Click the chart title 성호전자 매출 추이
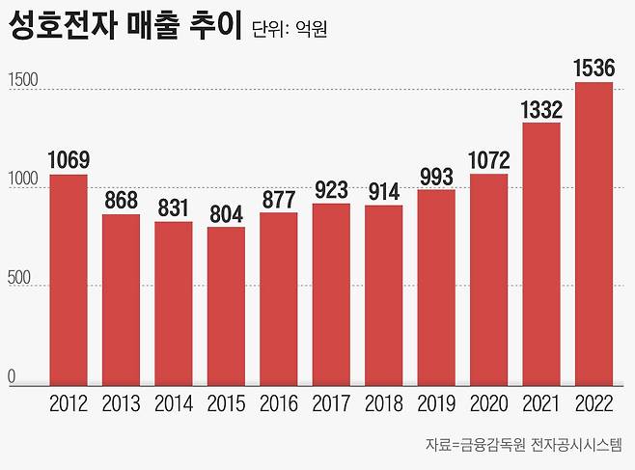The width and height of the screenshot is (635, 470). click(123, 27)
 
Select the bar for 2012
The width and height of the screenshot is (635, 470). click(69, 280)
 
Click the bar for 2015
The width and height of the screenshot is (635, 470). click(226, 306)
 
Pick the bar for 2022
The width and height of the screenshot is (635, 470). click(594, 234)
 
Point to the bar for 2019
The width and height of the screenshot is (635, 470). click(436, 288)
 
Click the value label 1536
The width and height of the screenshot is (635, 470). click(594, 68)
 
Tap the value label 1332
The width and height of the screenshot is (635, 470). click(541, 108)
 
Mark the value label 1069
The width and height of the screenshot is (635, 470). click(69, 159)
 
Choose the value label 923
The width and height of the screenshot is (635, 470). click(331, 189)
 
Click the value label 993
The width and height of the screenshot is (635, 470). click(436, 175)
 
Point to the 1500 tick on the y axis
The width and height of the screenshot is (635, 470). click(23, 81)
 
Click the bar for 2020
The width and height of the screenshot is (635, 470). click(488, 280)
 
